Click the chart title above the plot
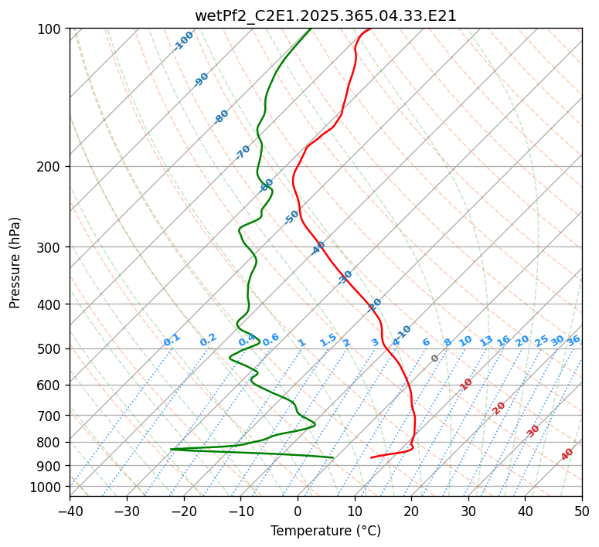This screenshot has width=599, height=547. [x=325, y=15]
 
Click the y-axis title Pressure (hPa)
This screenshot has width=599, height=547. [x=15, y=262]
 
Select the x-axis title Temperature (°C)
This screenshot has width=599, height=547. [x=325, y=531]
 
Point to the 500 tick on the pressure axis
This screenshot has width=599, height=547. [x=50, y=348]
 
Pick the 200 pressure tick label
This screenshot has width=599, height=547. [x=50, y=166]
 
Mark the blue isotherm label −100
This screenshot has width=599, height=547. [x=183, y=41]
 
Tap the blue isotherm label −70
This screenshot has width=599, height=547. [x=243, y=152]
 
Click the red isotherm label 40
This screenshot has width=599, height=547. [x=567, y=454]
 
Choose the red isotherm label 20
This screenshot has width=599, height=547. [x=499, y=407]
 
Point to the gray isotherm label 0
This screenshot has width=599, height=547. [x=435, y=358]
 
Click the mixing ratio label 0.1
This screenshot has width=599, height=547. [x=172, y=339]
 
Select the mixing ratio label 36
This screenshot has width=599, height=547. [x=573, y=340]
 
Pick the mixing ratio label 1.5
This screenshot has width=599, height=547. [x=328, y=339]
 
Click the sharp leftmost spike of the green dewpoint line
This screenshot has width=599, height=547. [x=171, y=449]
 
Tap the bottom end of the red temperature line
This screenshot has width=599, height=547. [x=371, y=457]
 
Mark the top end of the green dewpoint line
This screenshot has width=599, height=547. [x=311, y=29]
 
